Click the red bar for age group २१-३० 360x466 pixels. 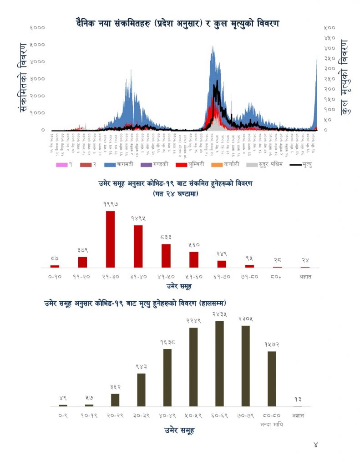[x=110, y=239]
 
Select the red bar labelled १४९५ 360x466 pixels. [x=138, y=246]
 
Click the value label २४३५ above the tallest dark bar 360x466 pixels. [x=219, y=314]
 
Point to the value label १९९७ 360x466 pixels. [x=110, y=205]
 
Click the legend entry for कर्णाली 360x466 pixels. [x=228, y=164]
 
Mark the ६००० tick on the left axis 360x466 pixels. [x=38, y=28]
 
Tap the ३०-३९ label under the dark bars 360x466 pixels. [x=141, y=415]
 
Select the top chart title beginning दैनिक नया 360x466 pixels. [x=177, y=22]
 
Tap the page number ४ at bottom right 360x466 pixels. [x=316, y=445]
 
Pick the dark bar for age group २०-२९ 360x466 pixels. [x=115, y=400]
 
